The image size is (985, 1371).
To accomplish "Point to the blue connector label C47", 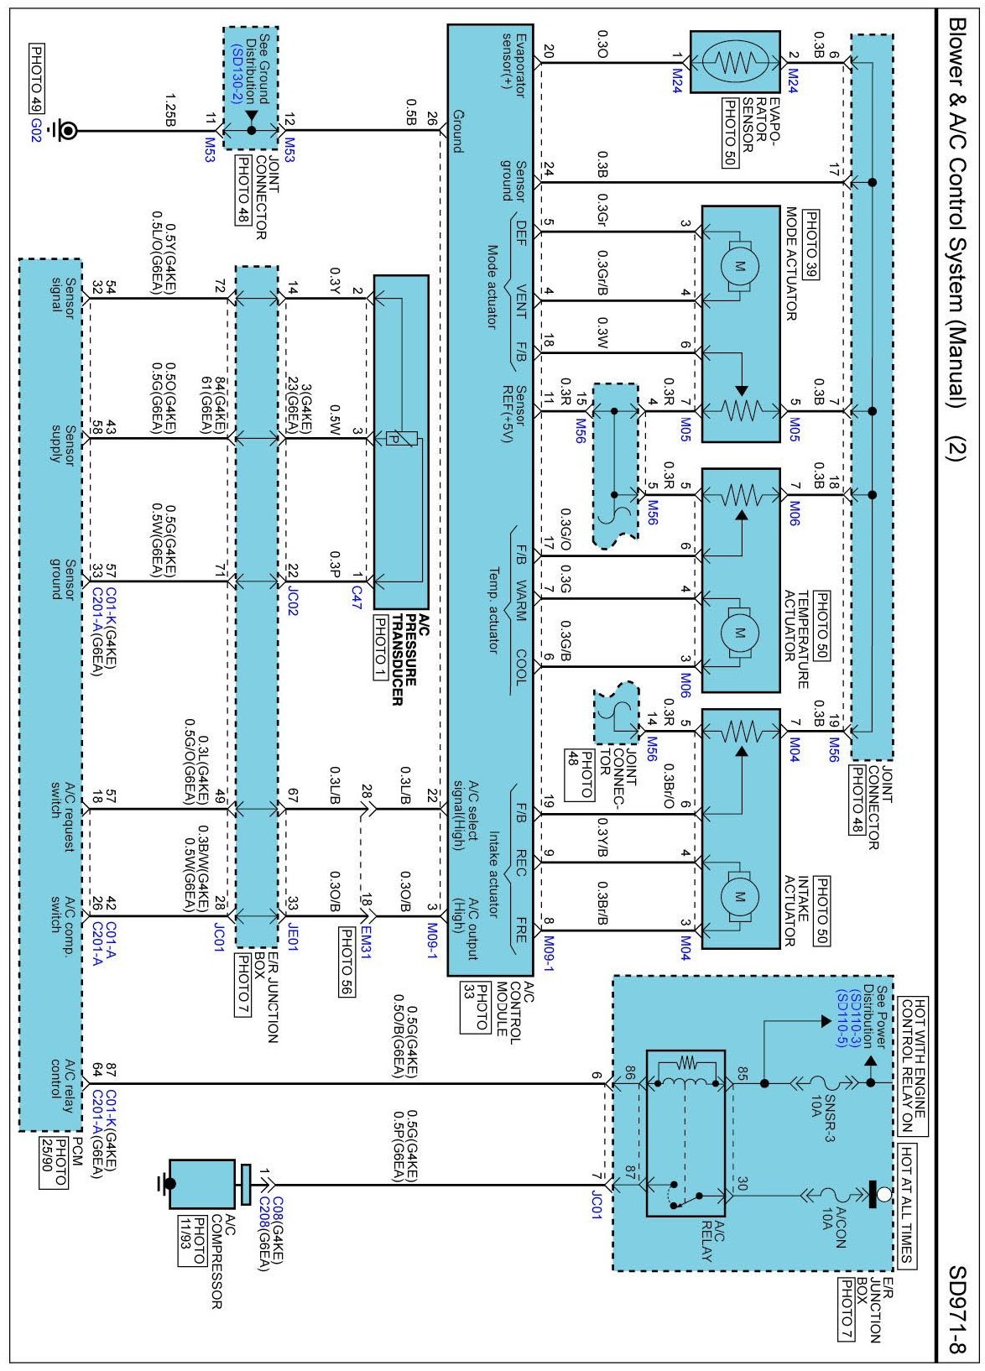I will pyautogui.click(x=357, y=597).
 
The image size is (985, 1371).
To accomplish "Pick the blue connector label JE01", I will pyautogui.click(x=293, y=936).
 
